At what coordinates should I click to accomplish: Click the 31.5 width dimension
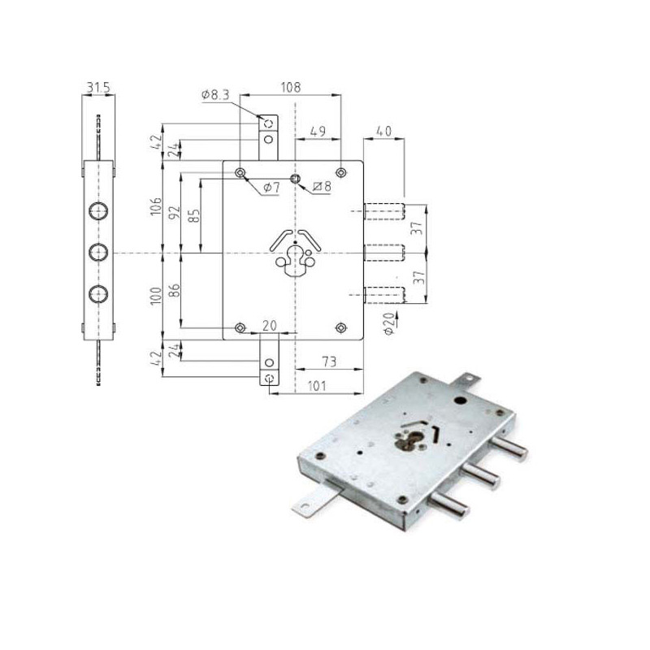pos(97,88)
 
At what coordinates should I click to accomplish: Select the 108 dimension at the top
pos(291,88)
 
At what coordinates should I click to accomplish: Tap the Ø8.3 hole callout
pos(215,95)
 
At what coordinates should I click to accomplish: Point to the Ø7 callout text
pos(271,188)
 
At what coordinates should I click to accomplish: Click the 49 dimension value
pos(318,132)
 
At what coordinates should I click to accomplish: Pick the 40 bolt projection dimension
pos(383,131)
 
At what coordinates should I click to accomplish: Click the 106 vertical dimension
pos(156,206)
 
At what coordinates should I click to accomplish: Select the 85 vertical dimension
pos(194,215)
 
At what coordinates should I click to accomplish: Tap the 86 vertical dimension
pos(175,290)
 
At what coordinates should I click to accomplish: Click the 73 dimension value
pos(329,362)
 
